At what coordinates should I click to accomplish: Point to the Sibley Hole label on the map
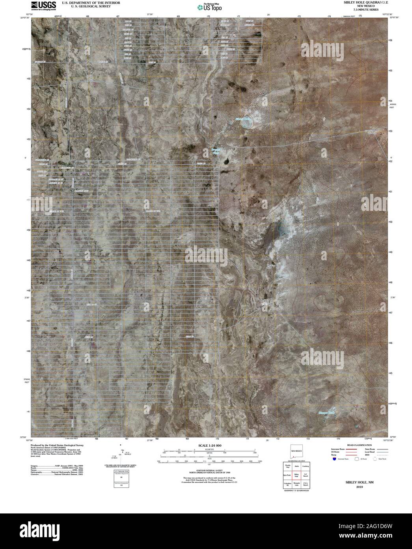pyautogui.click(x=242, y=118)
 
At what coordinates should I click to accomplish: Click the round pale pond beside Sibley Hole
pyautogui.click(x=248, y=123)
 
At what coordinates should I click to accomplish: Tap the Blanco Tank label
pyautogui.click(x=326, y=413)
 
